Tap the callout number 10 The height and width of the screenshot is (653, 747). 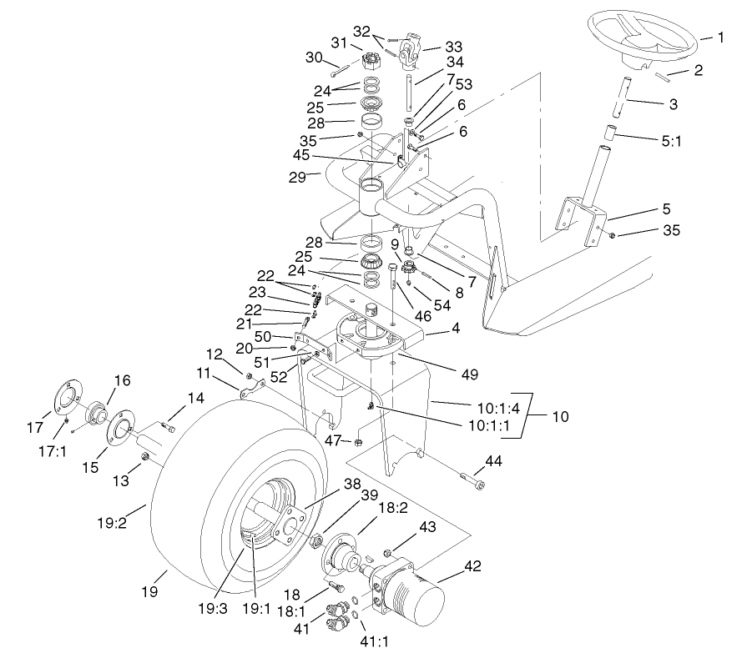point(560,415)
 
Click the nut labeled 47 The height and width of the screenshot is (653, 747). point(357,441)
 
